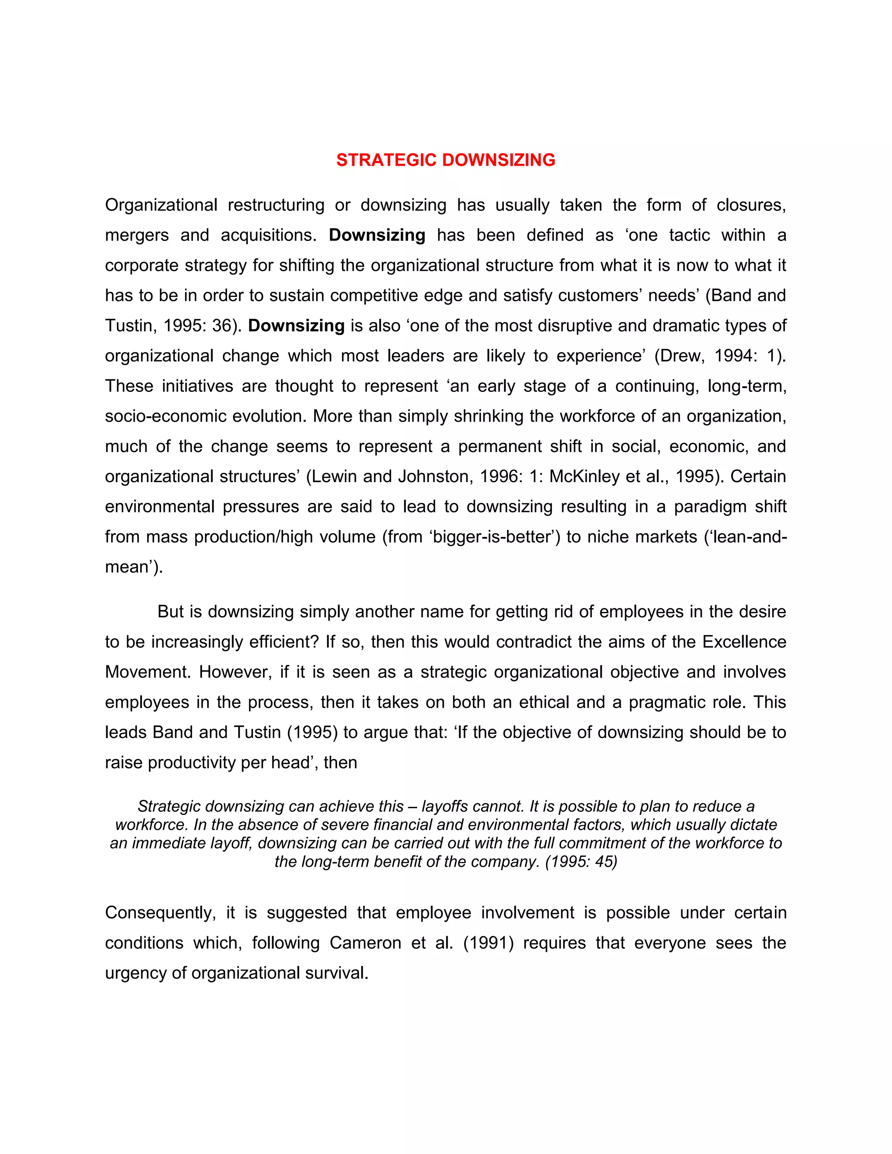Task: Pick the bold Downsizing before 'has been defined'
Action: [x=377, y=235]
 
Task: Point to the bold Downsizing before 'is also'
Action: [x=297, y=325]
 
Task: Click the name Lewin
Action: [x=334, y=476]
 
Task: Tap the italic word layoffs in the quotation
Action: [x=444, y=806]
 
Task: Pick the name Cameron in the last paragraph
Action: [x=366, y=943]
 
